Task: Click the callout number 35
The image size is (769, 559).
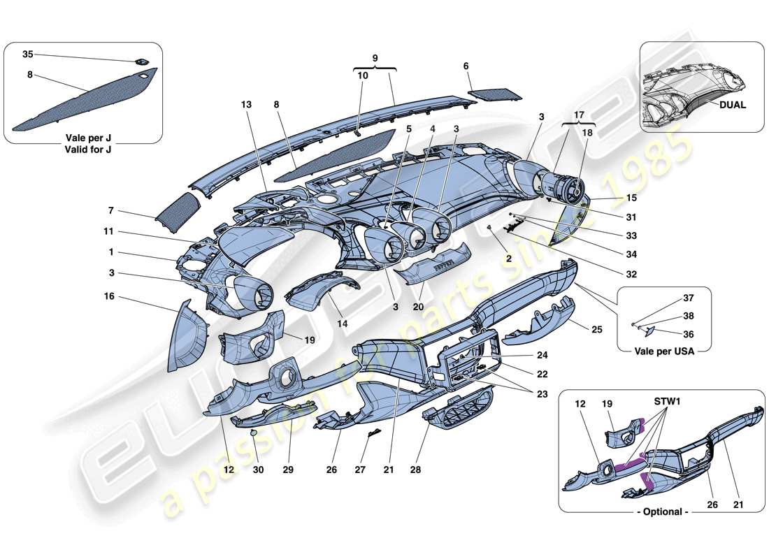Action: point(27,54)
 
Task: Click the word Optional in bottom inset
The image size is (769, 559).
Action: point(662,511)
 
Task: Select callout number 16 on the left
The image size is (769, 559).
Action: point(109,296)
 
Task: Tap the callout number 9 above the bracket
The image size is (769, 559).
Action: point(374,59)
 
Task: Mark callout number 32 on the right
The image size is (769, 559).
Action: point(631,275)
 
